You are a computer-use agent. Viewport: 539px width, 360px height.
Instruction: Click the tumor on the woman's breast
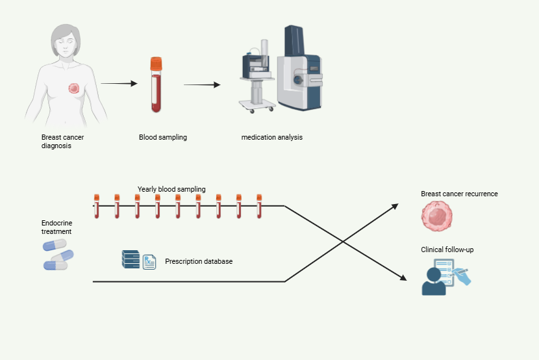pyautogui.click(x=74, y=88)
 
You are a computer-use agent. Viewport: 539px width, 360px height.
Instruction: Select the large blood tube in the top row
pyautogui.click(x=156, y=88)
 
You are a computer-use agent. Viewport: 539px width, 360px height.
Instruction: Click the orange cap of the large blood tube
pyautogui.click(x=156, y=64)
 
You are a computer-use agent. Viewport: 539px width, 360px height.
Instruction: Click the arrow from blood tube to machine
pyautogui.click(x=202, y=84)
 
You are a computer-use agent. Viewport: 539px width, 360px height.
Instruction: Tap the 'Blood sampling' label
pyautogui.click(x=163, y=137)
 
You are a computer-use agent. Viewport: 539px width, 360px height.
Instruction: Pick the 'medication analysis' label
pyautogui.click(x=271, y=137)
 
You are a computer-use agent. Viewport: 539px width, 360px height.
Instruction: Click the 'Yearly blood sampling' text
pyautogui.click(x=171, y=189)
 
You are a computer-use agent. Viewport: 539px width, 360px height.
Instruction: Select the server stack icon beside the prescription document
pyautogui.click(x=130, y=259)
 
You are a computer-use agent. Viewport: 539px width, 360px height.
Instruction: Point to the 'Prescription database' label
pyautogui.click(x=199, y=261)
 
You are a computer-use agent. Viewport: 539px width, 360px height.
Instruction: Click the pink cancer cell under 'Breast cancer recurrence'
pyautogui.click(x=436, y=216)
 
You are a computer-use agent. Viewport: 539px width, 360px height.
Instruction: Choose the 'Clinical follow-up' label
pyautogui.click(x=447, y=249)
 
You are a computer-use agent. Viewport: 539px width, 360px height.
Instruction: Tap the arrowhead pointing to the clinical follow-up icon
pyautogui.click(x=404, y=277)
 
